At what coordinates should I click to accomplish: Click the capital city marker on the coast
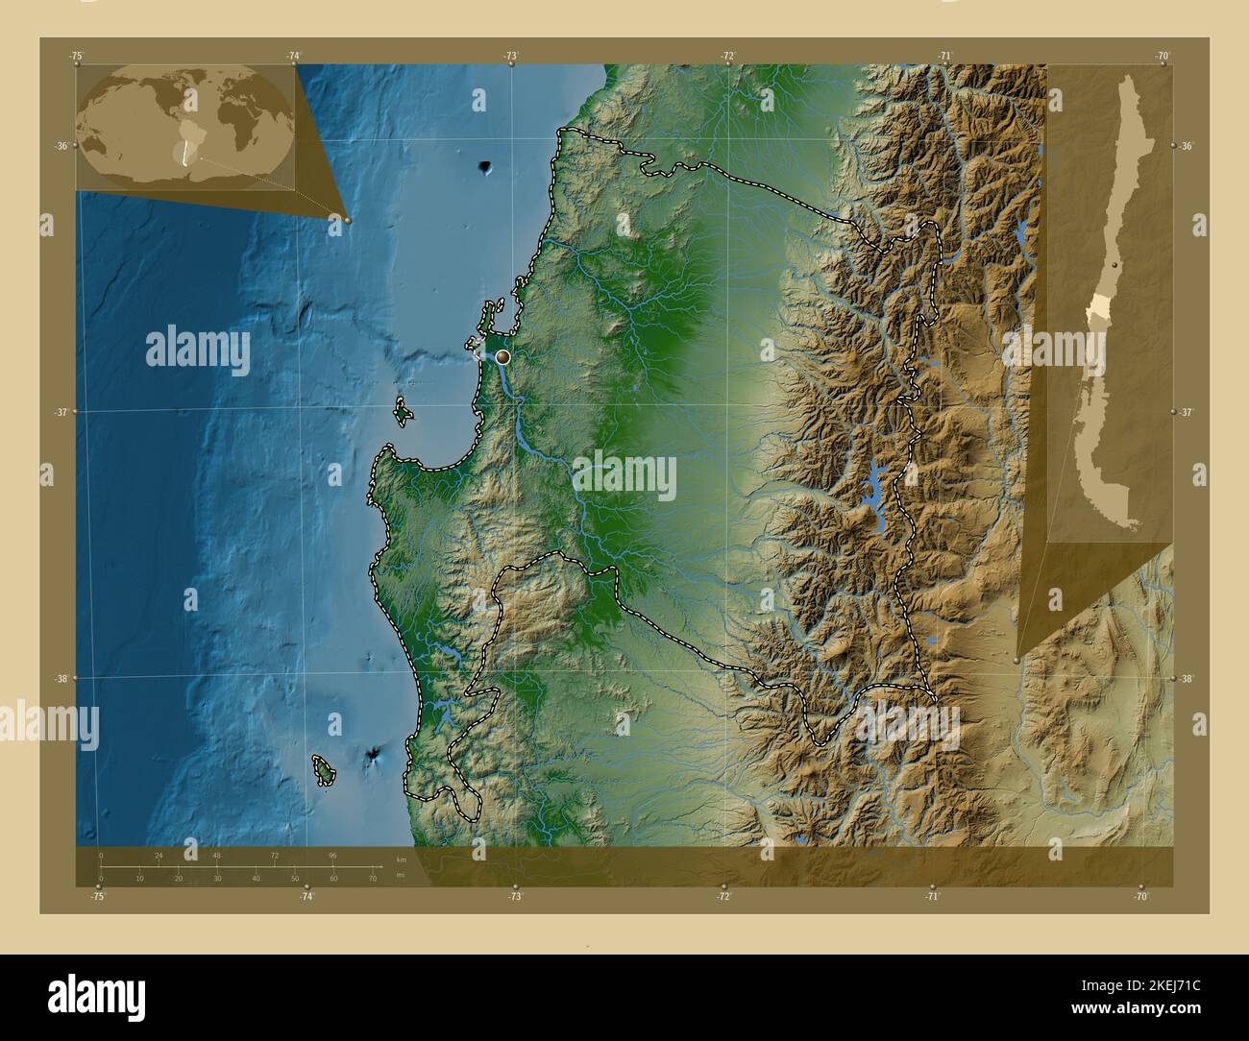click(x=502, y=357)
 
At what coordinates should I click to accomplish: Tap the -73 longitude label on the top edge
click(x=511, y=56)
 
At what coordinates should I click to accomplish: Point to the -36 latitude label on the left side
click(x=61, y=146)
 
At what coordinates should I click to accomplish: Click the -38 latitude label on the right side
click(x=1188, y=678)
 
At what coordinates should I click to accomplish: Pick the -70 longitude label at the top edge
click(x=1163, y=56)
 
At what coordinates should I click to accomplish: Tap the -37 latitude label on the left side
click(x=61, y=412)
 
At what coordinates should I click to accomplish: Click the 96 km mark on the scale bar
click(x=332, y=855)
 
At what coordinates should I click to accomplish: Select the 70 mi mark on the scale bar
click(x=372, y=878)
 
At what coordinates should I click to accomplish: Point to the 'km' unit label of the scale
click(x=401, y=859)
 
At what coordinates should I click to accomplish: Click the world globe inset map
click(x=185, y=128)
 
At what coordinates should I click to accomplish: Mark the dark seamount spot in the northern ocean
click(x=485, y=169)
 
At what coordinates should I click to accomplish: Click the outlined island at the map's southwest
click(x=324, y=768)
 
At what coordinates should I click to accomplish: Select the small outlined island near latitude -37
click(x=404, y=414)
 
